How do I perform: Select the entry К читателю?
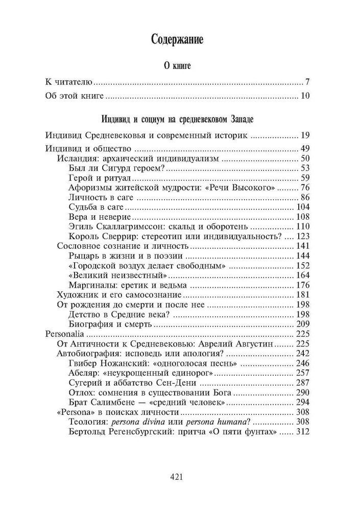click(68, 82)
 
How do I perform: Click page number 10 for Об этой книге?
click(305, 96)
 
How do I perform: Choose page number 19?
click(305, 135)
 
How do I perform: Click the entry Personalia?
click(63, 334)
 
